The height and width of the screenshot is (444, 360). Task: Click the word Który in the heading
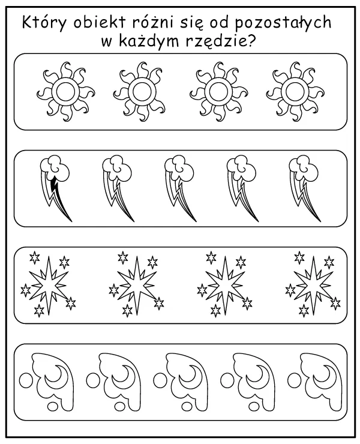44,22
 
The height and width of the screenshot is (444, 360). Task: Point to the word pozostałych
283,23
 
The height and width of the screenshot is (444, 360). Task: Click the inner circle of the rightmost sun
295,92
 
